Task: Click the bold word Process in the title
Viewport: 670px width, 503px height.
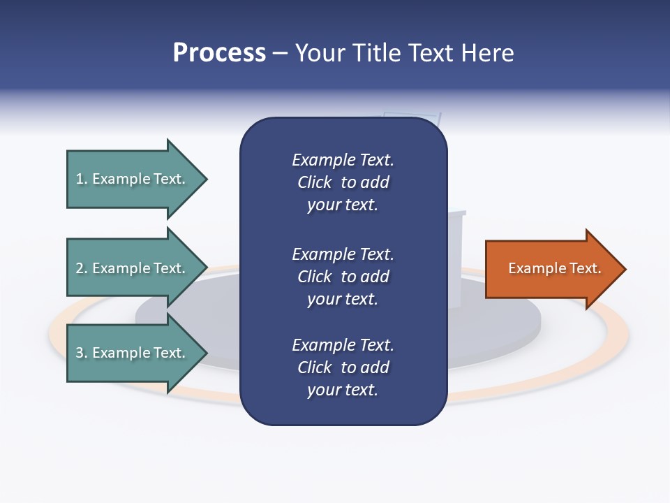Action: [x=219, y=53]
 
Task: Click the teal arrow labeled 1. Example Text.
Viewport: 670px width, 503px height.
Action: [x=133, y=179]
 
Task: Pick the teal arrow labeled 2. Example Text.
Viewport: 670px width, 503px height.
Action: [x=133, y=268]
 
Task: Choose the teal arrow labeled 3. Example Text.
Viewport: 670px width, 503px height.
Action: [x=133, y=353]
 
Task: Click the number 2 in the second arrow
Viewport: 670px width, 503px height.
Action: [x=80, y=268]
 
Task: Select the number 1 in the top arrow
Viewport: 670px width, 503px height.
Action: [x=80, y=179]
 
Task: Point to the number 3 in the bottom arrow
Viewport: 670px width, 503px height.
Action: [x=80, y=353]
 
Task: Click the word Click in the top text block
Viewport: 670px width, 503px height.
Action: [x=314, y=182]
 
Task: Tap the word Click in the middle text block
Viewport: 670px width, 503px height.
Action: [x=314, y=277]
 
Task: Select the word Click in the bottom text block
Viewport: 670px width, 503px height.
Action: [x=314, y=367]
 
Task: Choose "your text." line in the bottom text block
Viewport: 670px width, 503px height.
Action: [x=343, y=390]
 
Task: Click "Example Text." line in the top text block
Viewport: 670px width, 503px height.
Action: [x=343, y=160]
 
